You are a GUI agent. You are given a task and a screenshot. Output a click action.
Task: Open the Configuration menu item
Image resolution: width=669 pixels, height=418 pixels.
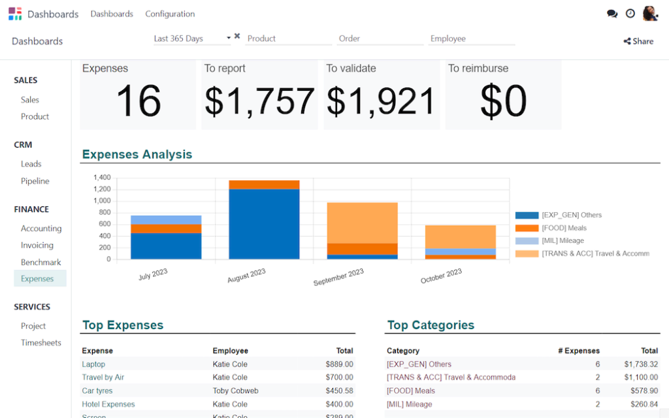(170, 14)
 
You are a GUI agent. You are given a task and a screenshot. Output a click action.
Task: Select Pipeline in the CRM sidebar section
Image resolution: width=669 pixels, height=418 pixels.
(35, 181)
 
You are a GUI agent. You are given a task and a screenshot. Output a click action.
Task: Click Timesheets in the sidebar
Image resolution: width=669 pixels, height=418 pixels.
(41, 343)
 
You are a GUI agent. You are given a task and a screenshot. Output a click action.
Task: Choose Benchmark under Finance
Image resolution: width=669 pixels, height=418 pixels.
(41, 263)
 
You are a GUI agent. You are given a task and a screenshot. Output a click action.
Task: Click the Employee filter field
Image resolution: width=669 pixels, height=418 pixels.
(472, 39)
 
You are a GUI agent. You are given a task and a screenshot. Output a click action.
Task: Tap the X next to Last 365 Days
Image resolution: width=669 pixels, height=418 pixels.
(237, 37)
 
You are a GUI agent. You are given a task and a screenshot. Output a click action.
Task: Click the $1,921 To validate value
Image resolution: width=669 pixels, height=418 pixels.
(381, 101)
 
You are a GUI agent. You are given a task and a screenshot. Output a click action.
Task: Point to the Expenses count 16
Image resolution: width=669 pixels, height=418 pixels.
(139, 101)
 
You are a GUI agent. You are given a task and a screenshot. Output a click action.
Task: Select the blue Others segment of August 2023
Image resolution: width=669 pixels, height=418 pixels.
(264, 224)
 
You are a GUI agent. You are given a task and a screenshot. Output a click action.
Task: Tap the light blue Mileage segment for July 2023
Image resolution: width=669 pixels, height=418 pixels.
(166, 219)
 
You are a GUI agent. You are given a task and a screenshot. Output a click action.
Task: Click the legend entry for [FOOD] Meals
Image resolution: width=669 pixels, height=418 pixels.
(563, 228)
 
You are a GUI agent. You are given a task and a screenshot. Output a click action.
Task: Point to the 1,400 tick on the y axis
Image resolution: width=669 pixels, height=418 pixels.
(102, 178)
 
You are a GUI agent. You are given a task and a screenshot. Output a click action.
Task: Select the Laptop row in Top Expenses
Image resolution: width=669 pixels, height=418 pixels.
(93, 364)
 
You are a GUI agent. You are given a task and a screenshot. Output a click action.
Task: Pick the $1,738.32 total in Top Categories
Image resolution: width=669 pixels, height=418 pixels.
(640, 364)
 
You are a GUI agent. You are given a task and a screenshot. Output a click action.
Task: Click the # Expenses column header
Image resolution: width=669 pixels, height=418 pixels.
(578, 351)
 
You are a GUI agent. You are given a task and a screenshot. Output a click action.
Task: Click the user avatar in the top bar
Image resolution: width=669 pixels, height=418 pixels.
(649, 14)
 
